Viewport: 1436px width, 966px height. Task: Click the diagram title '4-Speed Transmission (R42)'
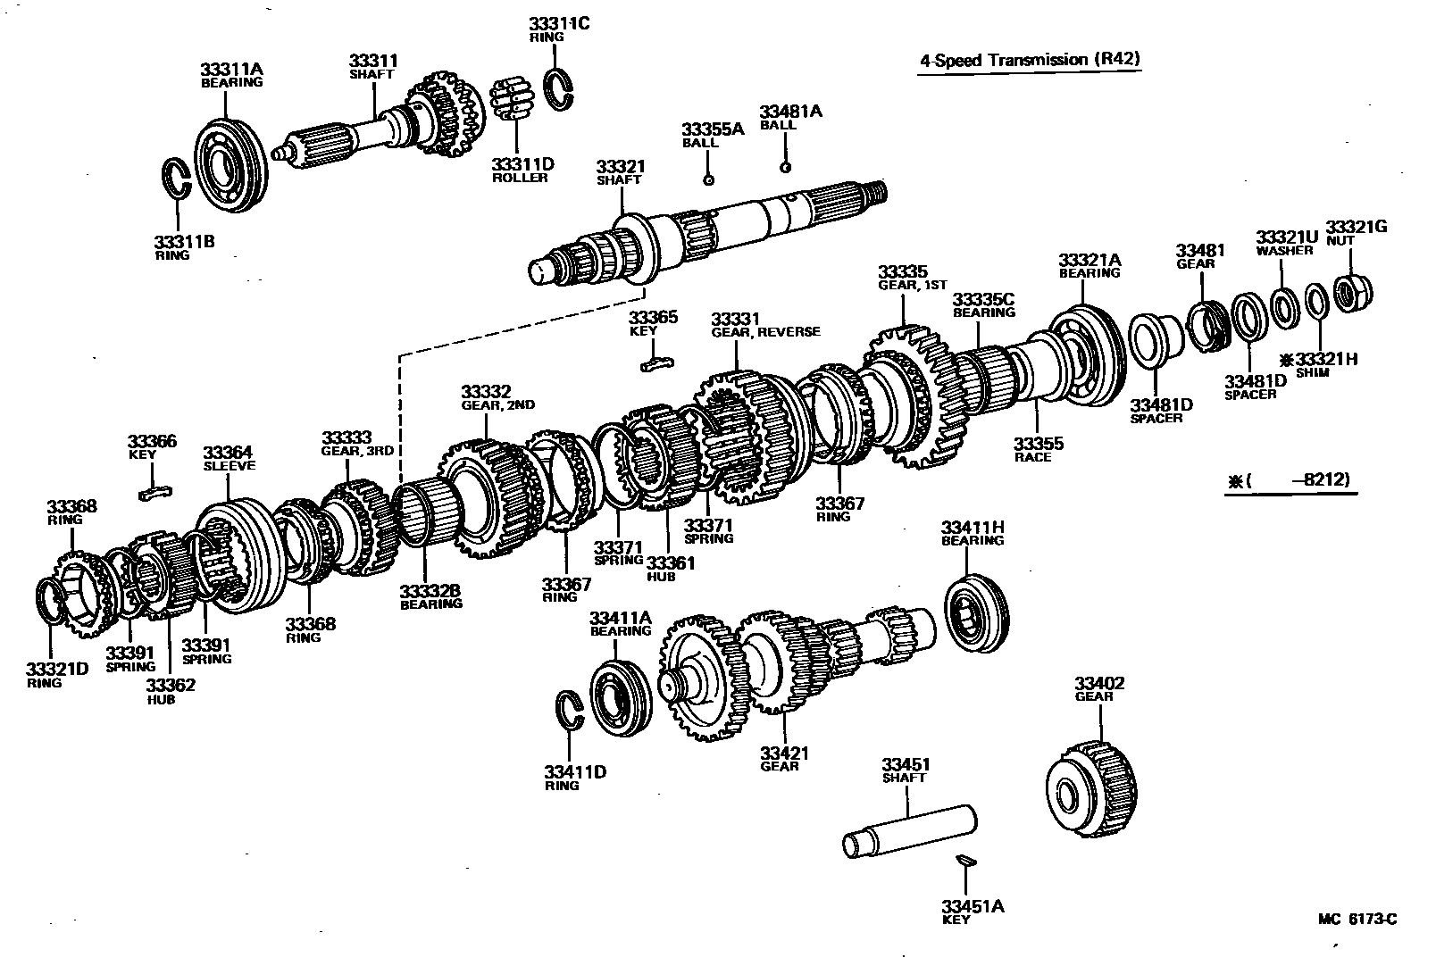1031,60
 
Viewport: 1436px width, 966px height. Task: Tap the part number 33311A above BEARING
231,69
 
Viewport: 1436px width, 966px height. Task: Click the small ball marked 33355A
708,179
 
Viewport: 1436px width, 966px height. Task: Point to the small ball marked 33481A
785,167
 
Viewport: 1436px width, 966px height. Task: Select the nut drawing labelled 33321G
1352,292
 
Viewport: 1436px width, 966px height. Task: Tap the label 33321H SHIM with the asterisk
1318,360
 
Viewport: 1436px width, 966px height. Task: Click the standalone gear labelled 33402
1091,788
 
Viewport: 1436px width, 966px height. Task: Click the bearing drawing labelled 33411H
977,616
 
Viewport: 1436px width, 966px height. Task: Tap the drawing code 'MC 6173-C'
1357,919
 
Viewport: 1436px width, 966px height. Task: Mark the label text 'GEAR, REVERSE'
765,331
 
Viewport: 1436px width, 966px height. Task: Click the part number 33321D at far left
56,669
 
